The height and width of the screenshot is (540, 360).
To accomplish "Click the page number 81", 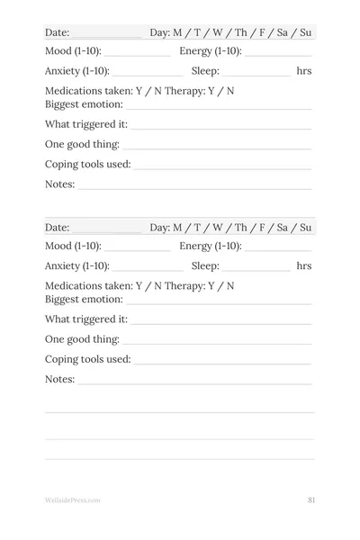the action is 310,499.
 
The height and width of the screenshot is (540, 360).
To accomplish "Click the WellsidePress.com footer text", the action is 72,499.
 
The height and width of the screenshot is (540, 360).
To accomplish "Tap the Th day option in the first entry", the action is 240,33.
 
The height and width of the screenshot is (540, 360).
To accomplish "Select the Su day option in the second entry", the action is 305,228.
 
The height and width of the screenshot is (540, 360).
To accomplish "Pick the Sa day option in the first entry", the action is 283,33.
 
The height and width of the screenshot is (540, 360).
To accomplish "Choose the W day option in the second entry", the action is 217,228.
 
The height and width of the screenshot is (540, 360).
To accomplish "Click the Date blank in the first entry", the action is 105,34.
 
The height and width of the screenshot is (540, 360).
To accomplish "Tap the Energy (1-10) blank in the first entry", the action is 278,52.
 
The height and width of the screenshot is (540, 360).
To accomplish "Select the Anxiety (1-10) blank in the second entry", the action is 148,267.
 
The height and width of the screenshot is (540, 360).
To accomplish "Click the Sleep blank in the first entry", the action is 256,72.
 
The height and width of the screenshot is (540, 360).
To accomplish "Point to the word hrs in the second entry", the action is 304,266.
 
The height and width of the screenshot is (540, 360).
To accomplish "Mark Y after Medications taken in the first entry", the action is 139,91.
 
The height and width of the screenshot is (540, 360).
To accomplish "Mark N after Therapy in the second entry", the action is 230,286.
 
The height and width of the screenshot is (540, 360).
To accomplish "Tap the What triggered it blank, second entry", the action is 220,320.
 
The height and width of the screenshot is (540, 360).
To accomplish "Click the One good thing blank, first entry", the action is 217,146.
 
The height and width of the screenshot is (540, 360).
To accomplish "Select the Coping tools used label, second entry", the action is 87,359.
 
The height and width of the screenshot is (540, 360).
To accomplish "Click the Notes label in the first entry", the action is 59,184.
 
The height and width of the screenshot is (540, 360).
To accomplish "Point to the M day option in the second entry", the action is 177,228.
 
